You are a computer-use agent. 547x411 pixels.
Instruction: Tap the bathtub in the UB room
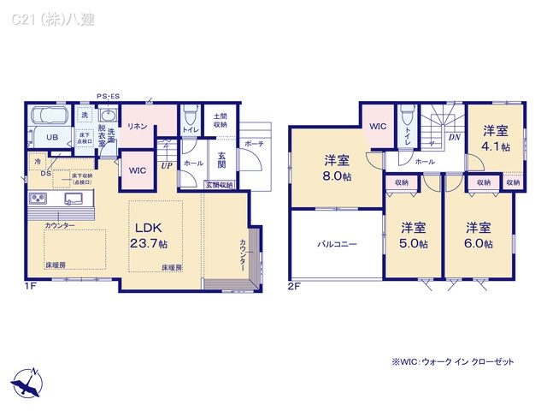tap(50, 117)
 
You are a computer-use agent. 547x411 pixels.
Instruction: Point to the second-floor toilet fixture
tap(407, 116)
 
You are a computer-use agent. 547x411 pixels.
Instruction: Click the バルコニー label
tap(338, 244)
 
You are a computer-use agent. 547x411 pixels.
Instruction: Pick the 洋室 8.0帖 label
tap(337, 168)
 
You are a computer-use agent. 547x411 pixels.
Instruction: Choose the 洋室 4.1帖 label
tap(496, 138)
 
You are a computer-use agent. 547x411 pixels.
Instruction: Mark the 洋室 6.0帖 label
tap(479, 235)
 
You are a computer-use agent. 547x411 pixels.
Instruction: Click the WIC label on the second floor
tap(378, 126)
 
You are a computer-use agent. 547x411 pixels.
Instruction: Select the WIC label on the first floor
tap(138, 170)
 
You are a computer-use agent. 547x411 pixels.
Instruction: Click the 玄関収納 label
tap(219, 185)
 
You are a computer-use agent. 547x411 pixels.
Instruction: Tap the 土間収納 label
tap(221, 120)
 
